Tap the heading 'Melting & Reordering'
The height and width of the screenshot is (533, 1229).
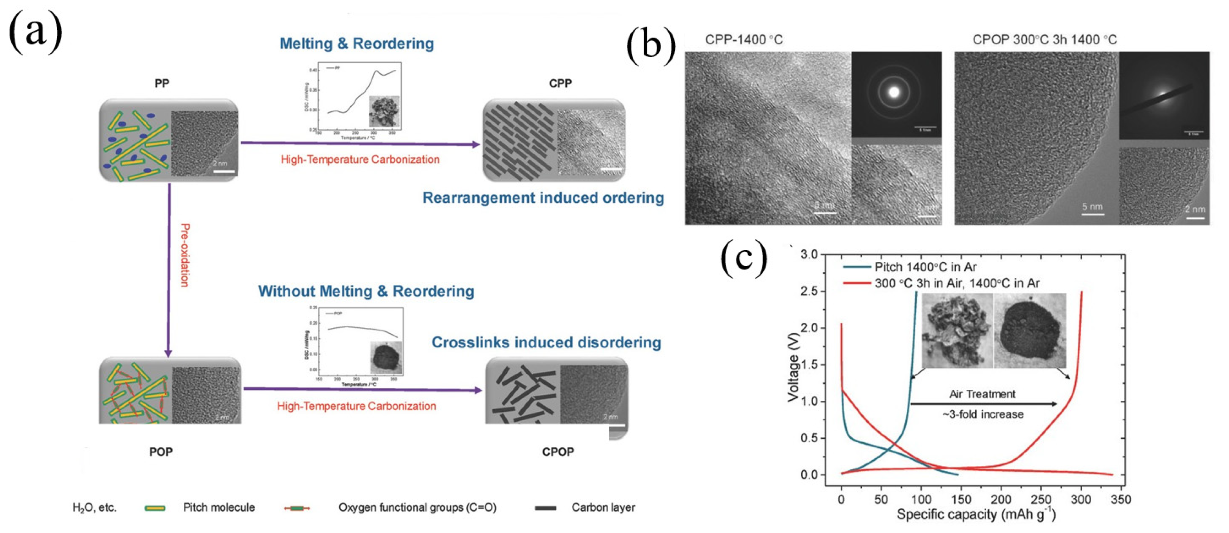coord(356,43)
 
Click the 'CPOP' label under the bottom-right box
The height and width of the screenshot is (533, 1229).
coord(558,452)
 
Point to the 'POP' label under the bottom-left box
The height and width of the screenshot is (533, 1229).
coord(161,452)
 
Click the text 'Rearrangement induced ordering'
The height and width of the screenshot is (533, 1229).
coord(543,198)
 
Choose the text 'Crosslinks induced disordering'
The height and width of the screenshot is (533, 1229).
coord(546,342)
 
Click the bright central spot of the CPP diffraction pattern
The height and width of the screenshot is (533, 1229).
coord(894,93)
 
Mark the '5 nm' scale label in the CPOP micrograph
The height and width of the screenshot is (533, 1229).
coord(1092,207)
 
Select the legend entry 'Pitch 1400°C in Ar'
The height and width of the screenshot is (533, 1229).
coord(925,267)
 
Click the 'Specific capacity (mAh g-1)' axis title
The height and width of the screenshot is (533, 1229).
coord(976,515)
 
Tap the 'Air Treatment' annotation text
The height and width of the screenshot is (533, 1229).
coord(982,394)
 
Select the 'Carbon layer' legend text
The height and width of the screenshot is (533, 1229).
coord(603,507)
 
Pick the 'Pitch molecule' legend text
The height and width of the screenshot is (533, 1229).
coord(219,507)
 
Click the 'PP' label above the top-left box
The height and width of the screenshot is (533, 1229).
coord(162,83)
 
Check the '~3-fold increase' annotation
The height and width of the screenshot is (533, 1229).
coord(983,414)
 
